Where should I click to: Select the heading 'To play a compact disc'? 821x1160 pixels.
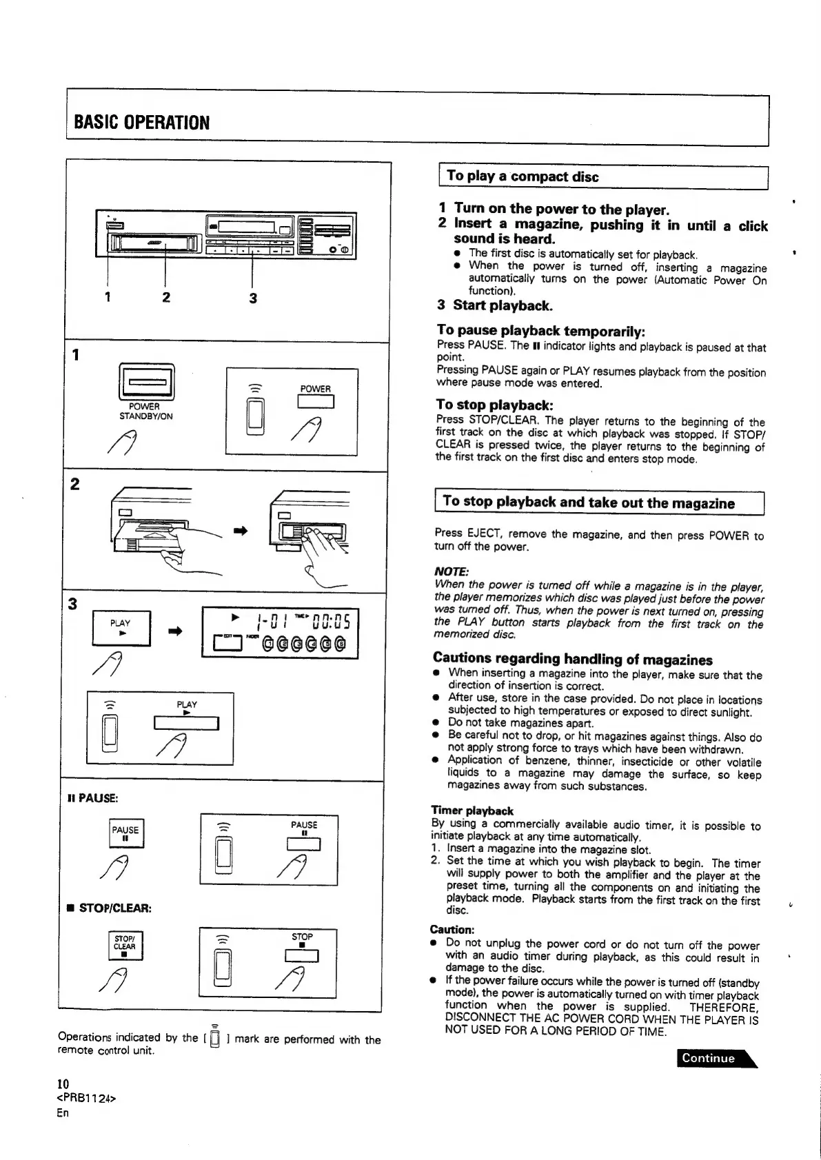[x=523, y=176]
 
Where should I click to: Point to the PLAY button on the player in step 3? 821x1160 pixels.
[x=121, y=627]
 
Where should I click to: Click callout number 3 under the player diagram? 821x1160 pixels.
[x=253, y=298]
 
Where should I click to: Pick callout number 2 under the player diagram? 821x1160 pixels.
[x=166, y=298]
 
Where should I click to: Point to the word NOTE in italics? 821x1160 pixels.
[x=452, y=572]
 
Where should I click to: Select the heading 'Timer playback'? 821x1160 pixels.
[x=472, y=811]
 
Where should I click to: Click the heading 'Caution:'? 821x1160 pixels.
[x=452, y=930]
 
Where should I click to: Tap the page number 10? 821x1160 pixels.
[x=63, y=1084]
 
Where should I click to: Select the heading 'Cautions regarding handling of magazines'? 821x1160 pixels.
[x=573, y=659]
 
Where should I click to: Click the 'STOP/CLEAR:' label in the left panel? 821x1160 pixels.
[x=110, y=908]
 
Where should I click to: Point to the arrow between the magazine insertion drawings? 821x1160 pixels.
[x=241, y=530]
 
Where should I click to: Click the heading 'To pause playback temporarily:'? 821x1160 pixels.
[x=540, y=331]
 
